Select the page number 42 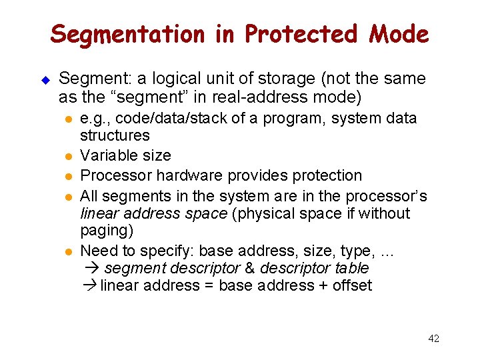433,339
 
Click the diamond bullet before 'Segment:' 45,79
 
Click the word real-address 261,97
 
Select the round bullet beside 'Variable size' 68,156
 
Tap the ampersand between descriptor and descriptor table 250,268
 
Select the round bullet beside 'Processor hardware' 68,176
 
